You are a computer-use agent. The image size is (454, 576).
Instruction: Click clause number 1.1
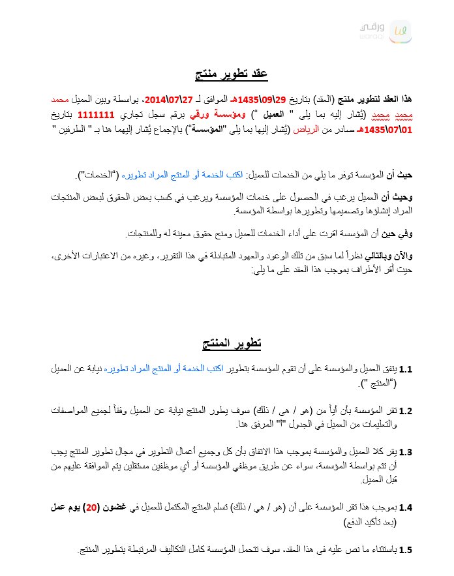click(x=406, y=370)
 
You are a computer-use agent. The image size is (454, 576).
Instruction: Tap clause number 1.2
click(x=406, y=411)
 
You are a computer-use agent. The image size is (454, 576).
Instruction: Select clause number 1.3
click(x=406, y=452)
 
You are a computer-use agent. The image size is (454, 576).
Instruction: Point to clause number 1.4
click(x=406, y=508)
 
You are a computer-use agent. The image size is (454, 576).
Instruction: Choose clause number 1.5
click(x=406, y=551)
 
